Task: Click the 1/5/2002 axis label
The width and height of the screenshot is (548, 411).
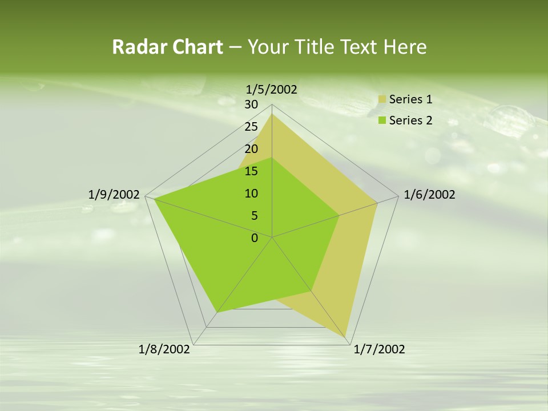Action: pos(271,89)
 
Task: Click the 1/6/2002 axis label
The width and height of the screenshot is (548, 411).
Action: pos(429,195)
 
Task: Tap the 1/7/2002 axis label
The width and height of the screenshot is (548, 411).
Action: pos(379,349)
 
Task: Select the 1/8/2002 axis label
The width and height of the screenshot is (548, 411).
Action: pos(164,349)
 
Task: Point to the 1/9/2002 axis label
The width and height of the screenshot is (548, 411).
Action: pos(114,195)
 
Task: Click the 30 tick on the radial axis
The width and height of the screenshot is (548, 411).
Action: pos(251,104)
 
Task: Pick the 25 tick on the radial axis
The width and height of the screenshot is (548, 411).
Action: pos(251,127)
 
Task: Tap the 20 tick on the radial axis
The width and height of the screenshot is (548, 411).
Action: pos(251,149)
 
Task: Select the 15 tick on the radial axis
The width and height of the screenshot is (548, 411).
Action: pos(251,171)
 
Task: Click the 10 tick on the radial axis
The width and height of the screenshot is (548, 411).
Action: pos(251,194)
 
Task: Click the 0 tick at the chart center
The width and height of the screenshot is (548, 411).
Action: pos(255,238)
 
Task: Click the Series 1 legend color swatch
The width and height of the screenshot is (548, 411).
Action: pos(382,100)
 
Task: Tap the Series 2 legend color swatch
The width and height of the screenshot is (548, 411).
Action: pos(382,120)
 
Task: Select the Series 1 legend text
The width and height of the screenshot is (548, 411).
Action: pos(410,99)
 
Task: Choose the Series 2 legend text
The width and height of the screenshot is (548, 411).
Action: pos(410,120)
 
